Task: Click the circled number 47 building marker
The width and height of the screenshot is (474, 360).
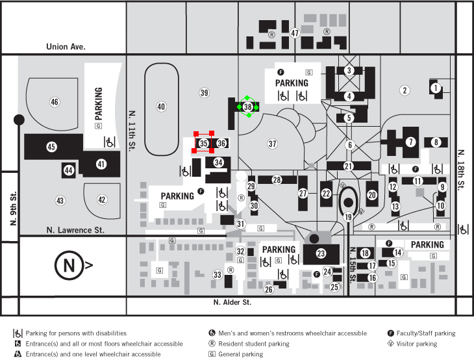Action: pos(295,33)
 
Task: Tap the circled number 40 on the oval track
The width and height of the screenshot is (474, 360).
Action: pos(162,107)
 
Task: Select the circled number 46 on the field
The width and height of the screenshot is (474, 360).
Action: pos(55,101)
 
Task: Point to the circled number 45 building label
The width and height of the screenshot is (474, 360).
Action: pos(51,147)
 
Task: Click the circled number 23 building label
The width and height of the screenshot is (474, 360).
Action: pos(321,253)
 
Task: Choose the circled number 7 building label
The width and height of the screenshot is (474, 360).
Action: pos(410,141)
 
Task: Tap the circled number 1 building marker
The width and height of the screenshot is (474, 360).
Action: pos(436,88)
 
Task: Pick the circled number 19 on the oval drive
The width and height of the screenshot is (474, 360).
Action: pos(348,217)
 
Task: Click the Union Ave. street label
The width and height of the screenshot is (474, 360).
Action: pos(66,47)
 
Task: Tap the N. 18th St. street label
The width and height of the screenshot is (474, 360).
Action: pos(462,173)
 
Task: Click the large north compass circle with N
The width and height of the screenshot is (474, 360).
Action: pos(68,265)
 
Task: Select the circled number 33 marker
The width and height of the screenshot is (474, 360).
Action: pos(218,275)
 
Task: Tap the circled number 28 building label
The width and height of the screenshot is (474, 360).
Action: pos(277,179)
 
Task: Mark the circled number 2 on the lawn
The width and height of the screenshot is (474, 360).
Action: pos(405,90)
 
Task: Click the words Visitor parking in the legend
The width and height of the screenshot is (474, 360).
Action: pos(416,344)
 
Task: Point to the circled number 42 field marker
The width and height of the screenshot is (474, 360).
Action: pos(102,199)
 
